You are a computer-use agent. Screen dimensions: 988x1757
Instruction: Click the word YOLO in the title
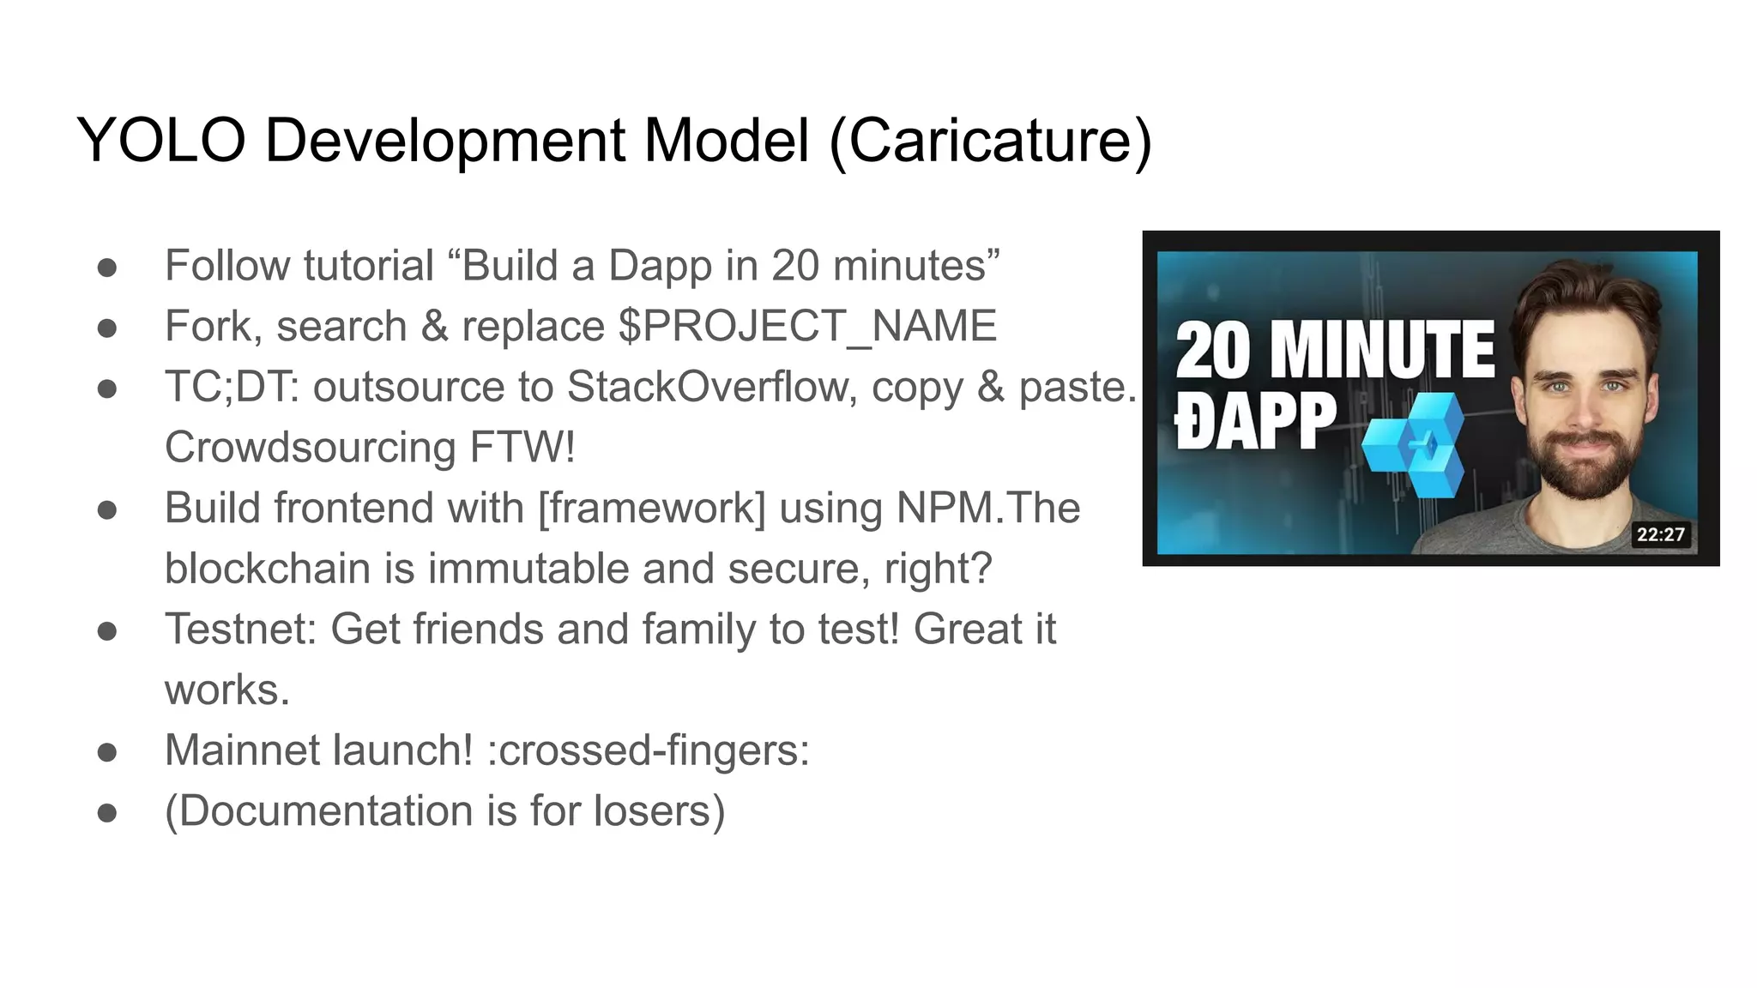(161, 140)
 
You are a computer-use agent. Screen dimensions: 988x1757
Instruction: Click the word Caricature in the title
(990, 140)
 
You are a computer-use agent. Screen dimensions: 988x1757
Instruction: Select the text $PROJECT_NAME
(806, 327)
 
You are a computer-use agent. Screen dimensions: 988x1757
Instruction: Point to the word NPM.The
(987, 508)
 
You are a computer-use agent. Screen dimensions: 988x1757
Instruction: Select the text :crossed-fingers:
(648, 750)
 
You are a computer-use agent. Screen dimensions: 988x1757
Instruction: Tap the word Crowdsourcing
(310, 448)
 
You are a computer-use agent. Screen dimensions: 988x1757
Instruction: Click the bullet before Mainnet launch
(107, 752)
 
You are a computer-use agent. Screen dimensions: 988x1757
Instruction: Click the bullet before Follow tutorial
(107, 268)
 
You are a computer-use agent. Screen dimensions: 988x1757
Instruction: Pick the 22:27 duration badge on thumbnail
(1660, 534)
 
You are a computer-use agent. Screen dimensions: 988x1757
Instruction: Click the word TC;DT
(231, 387)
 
